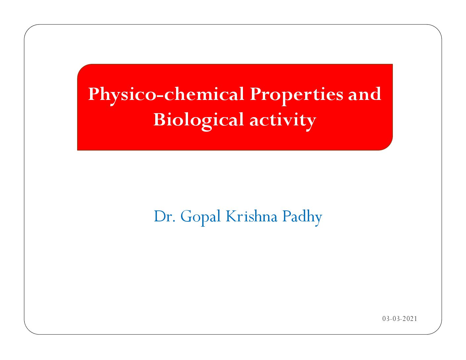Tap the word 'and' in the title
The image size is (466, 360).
[x=365, y=94]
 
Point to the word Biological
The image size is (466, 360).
[x=199, y=120]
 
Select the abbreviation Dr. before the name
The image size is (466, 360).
[x=164, y=216]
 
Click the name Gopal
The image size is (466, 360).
[x=201, y=217]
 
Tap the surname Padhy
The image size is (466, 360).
[x=303, y=217]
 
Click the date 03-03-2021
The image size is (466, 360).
[x=399, y=319]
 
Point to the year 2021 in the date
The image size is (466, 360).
[x=410, y=319]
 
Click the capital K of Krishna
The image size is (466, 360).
[x=232, y=216]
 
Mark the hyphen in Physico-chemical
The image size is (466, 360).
[x=160, y=96]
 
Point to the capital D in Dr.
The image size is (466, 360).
[x=161, y=216]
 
